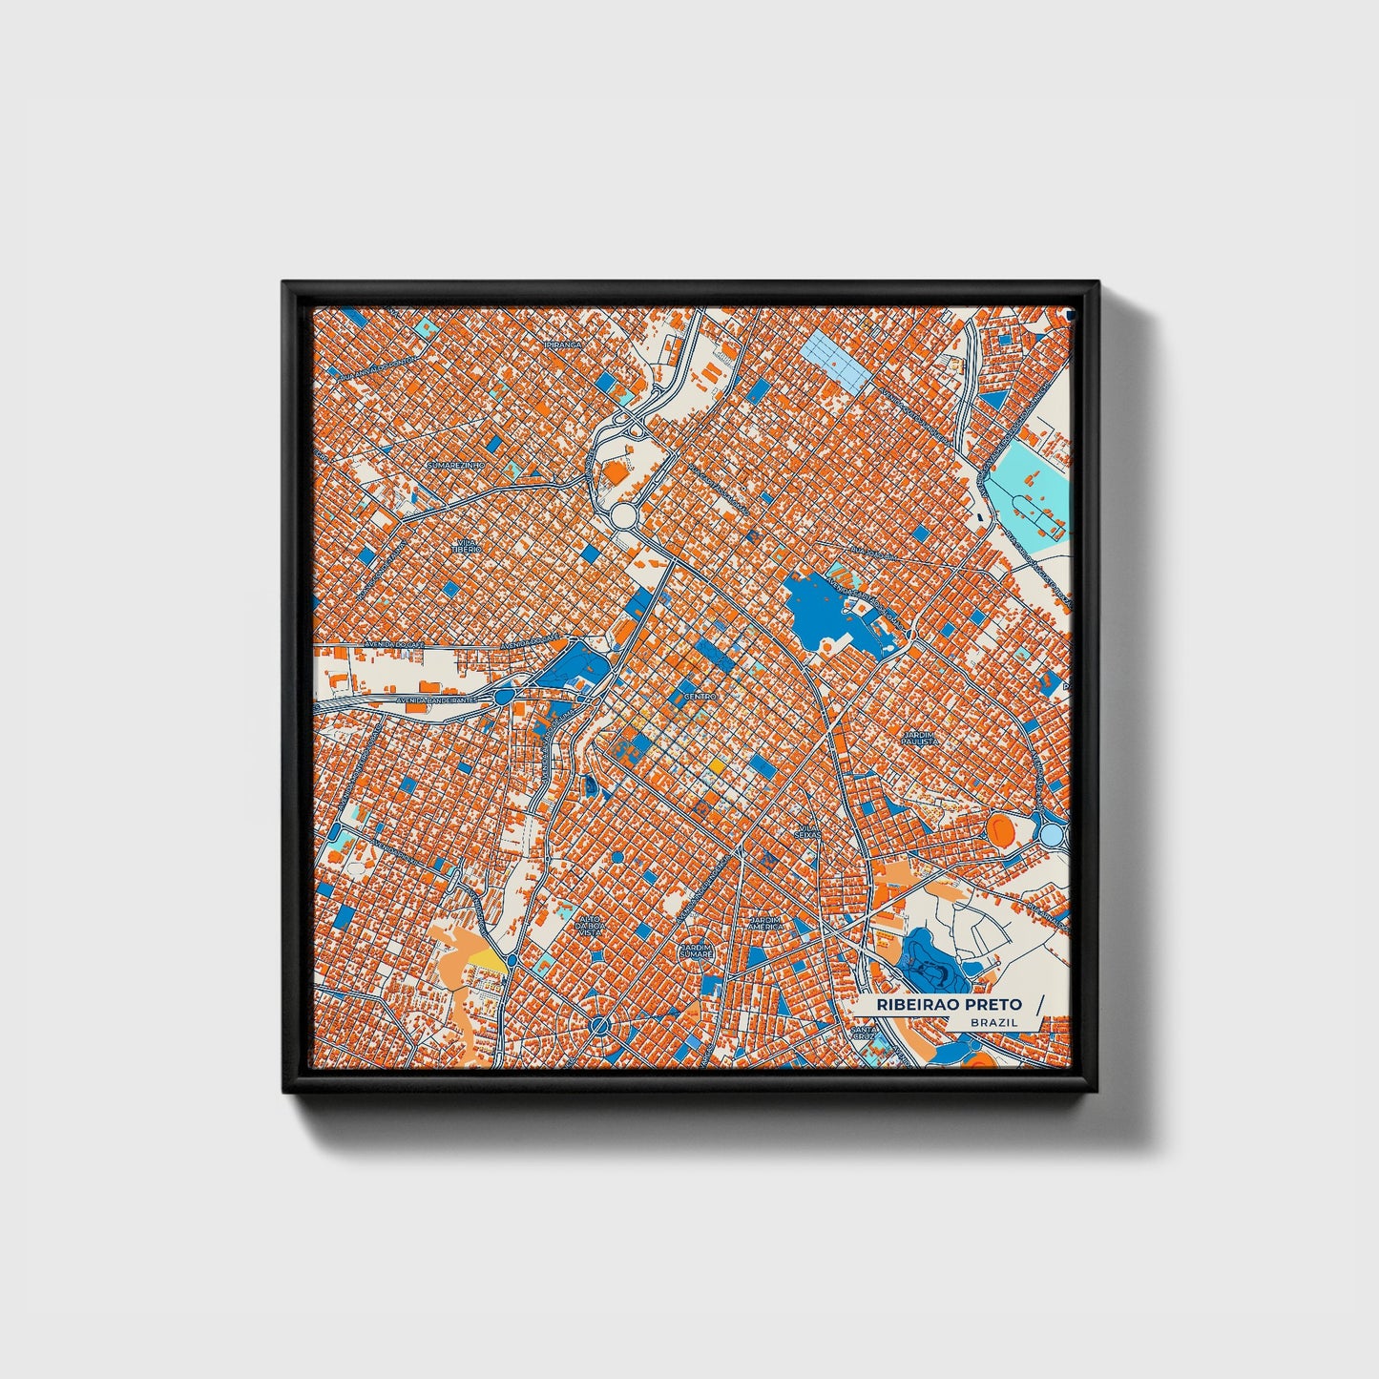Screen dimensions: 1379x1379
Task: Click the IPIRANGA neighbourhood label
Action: [x=562, y=344]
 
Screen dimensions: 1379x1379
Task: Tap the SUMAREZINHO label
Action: [x=456, y=465]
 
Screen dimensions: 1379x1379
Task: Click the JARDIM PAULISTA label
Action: [x=920, y=738]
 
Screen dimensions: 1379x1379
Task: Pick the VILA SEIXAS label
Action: [x=808, y=832]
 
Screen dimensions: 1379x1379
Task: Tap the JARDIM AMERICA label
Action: [x=765, y=923]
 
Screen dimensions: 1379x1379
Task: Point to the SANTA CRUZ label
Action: [x=864, y=1034]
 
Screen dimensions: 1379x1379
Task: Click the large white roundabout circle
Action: [x=624, y=517]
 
